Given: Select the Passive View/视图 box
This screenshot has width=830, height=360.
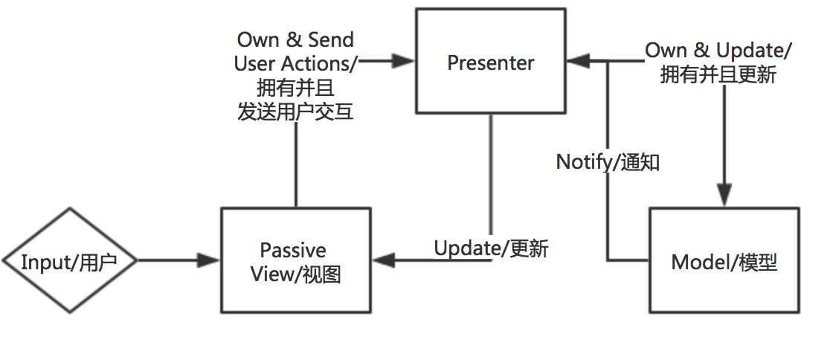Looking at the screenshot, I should [295, 260].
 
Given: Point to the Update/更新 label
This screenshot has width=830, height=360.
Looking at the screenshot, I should [491, 248].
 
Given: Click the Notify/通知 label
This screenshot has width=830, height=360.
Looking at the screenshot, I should [608, 162].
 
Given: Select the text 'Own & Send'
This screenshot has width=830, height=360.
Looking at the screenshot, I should [295, 39].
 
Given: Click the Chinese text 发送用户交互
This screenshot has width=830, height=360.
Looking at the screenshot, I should [295, 112].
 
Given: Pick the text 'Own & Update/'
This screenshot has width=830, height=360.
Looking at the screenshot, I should [718, 51].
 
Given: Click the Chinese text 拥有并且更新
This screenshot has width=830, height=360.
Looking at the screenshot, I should [718, 75].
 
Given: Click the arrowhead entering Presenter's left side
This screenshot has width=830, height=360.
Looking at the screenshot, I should [404, 62].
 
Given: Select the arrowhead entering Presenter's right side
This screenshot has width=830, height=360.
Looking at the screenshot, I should [577, 62].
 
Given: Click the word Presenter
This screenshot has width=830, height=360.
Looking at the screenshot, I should [490, 63].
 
